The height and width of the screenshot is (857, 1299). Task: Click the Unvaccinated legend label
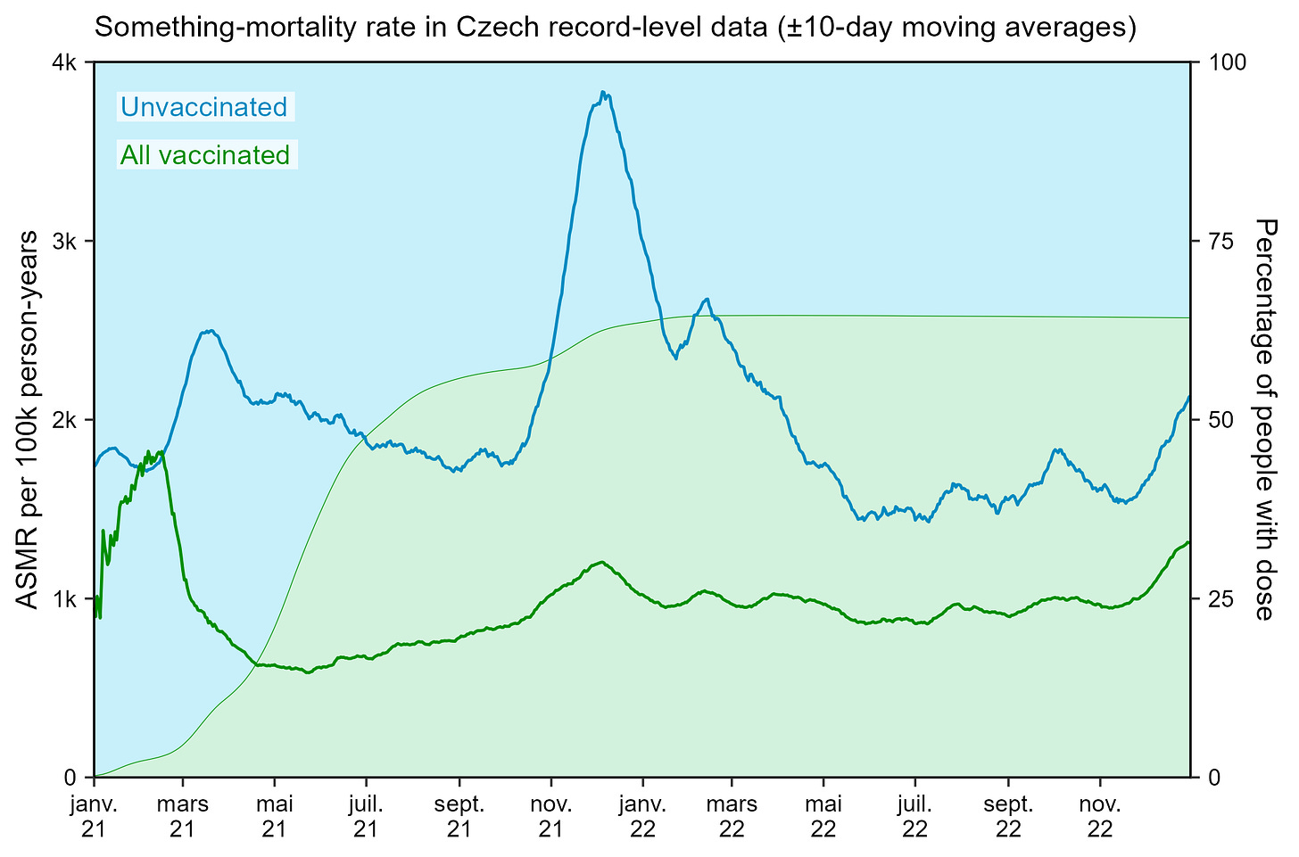click(203, 107)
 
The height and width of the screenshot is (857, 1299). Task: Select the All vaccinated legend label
click(205, 155)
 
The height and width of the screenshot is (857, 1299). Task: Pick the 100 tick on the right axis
click(1221, 62)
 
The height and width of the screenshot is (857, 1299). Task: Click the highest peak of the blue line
click(604, 92)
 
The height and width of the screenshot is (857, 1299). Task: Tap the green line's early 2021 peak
click(148, 451)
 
